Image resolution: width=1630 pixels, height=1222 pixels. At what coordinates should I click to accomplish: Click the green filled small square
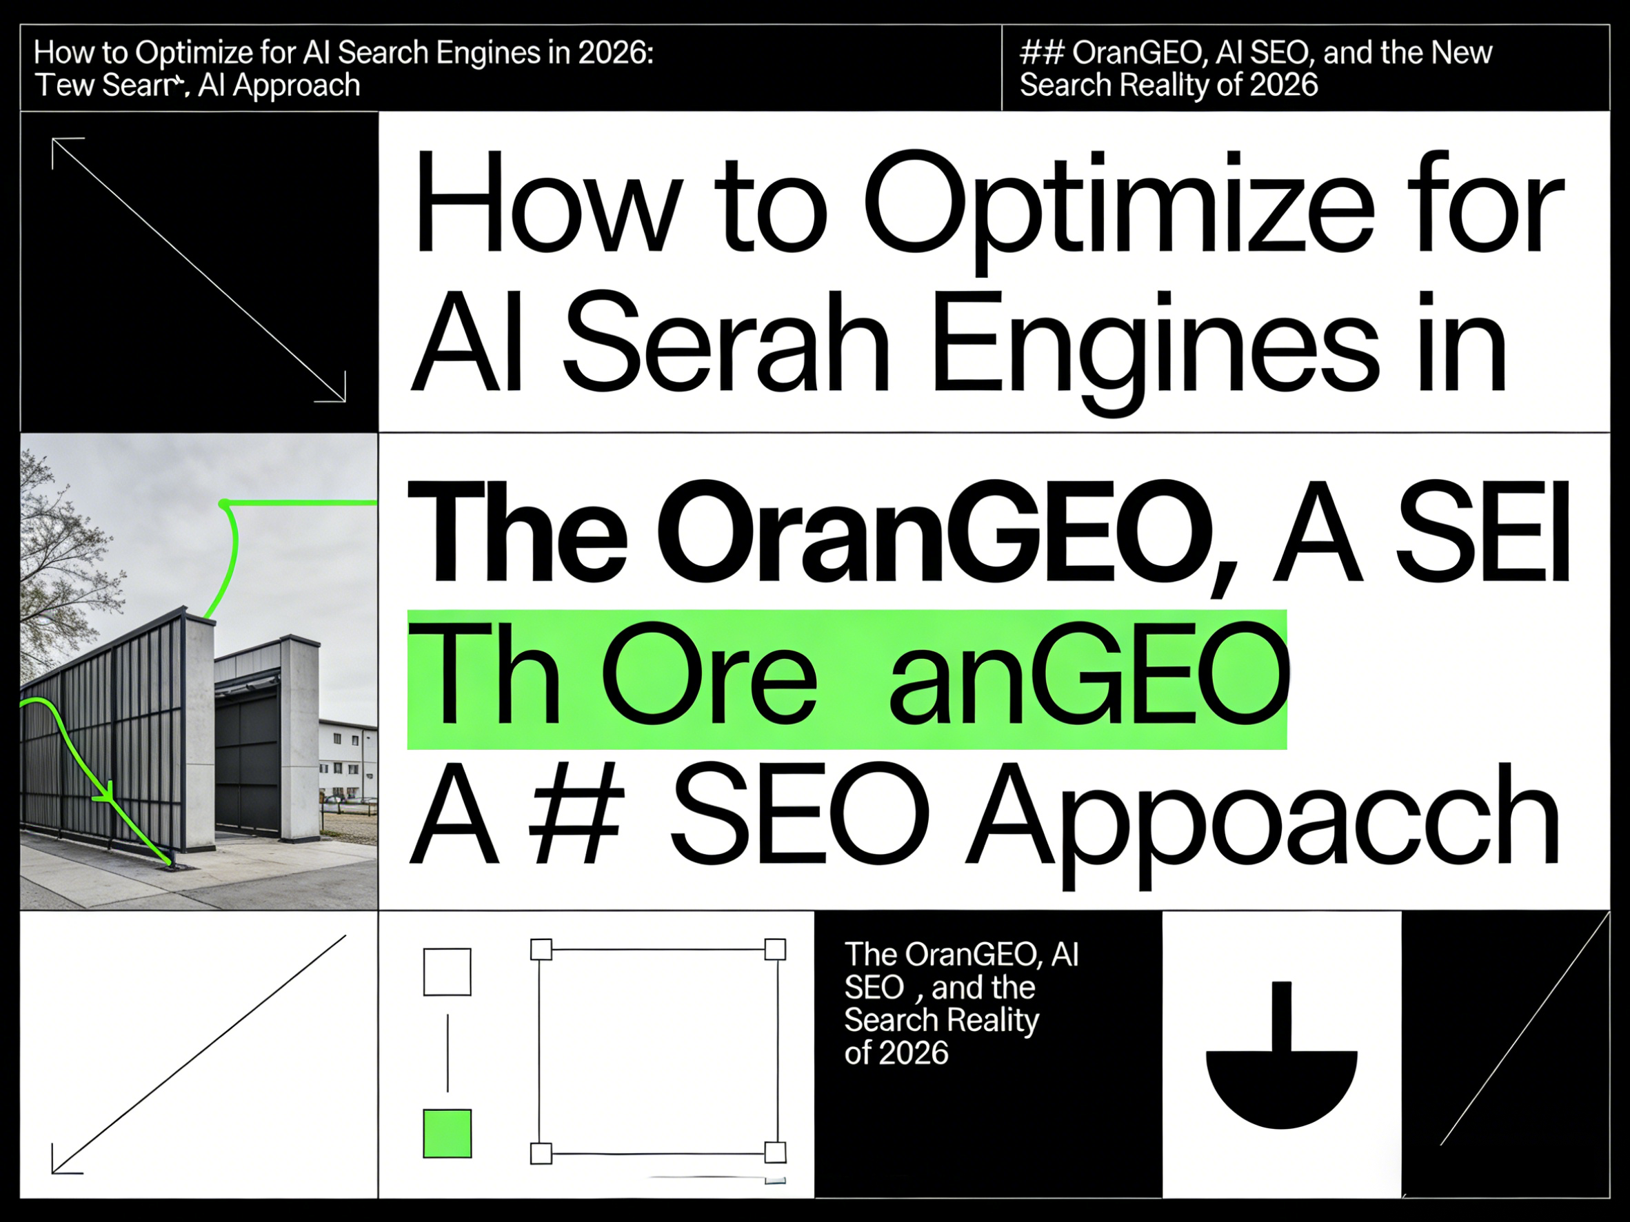[x=447, y=1133]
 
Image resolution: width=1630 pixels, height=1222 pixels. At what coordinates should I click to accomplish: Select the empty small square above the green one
[x=447, y=972]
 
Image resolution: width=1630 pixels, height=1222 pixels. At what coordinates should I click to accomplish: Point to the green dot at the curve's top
[x=224, y=504]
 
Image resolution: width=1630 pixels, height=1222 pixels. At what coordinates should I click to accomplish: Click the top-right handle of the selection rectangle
[x=774, y=949]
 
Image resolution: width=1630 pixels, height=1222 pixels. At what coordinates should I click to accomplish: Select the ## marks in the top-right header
[x=1042, y=53]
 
